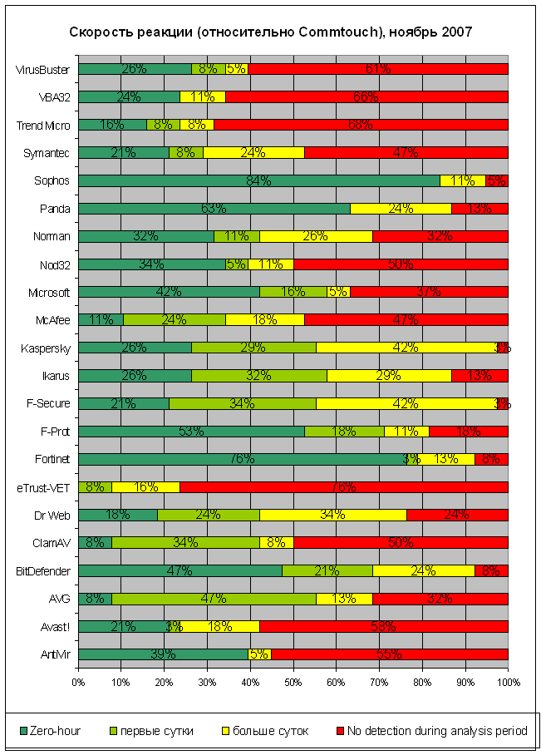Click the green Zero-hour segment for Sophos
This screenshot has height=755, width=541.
pos(258,180)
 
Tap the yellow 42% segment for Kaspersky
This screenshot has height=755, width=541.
pos(406,348)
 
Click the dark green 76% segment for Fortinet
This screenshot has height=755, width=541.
pos(241,459)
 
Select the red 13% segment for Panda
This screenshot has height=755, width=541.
pos(480,208)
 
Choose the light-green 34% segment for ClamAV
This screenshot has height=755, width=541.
pos(185,543)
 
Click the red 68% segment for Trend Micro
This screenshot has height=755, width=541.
pos(361,125)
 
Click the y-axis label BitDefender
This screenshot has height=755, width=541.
pos(44,571)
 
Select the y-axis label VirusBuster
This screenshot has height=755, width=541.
pos(43,69)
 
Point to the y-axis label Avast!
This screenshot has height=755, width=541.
pos(55,627)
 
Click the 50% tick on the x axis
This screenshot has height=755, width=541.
pos(293,682)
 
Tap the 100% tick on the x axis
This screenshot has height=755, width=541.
pos(508,682)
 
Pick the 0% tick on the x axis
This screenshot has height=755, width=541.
pos(78,682)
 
